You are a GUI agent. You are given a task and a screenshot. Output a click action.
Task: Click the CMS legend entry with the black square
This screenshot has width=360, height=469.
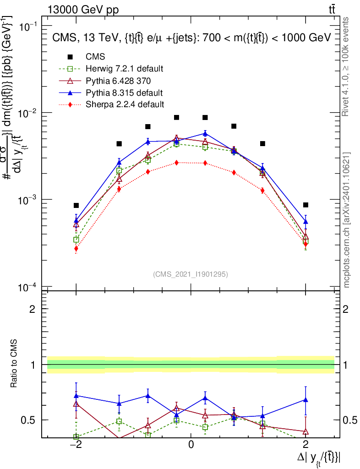[95, 57]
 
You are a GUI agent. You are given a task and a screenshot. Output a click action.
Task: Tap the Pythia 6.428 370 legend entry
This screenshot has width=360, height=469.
[118, 81]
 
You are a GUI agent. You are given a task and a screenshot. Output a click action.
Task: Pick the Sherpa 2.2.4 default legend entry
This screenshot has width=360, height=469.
[125, 104]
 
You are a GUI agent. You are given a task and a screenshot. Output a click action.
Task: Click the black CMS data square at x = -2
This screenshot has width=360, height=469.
[76, 206]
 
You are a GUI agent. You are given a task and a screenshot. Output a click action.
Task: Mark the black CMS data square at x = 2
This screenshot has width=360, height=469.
[305, 205]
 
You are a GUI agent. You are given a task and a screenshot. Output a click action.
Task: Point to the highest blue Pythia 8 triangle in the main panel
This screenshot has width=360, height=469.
[205, 133]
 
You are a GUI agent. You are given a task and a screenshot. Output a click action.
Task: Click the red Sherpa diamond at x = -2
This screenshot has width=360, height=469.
[76, 249]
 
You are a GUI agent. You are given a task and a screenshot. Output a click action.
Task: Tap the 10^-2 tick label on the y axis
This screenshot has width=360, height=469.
[29, 113]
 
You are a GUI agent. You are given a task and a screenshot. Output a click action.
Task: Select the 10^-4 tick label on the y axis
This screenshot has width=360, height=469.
[29, 287]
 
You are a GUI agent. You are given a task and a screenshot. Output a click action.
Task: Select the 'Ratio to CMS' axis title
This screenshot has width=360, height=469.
[14, 364]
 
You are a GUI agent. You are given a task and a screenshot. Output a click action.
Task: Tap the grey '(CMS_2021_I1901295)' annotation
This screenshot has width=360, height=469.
[191, 274]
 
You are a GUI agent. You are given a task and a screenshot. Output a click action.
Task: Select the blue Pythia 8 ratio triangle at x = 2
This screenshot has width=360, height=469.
[305, 400]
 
